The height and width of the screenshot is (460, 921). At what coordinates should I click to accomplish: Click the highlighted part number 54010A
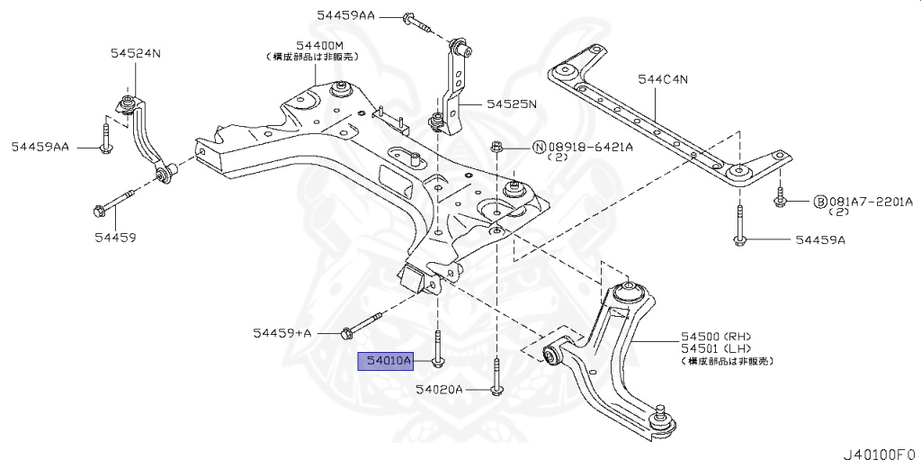point(384,362)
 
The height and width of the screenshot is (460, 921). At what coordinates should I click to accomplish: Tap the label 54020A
point(439,390)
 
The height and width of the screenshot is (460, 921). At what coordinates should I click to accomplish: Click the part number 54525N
point(511,104)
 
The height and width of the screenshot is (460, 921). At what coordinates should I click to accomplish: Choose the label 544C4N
point(663,79)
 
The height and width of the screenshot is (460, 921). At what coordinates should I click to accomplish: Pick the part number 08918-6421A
point(591,147)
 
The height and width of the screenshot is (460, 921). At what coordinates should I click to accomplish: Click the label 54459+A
point(282,333)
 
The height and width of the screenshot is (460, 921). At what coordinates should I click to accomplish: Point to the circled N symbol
point(539,147)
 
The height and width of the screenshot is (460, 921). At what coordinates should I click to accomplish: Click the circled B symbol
point(820,201)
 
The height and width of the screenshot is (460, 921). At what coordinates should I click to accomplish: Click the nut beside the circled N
point(496,147)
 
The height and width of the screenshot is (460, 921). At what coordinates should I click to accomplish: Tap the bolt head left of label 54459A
point(738,239)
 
